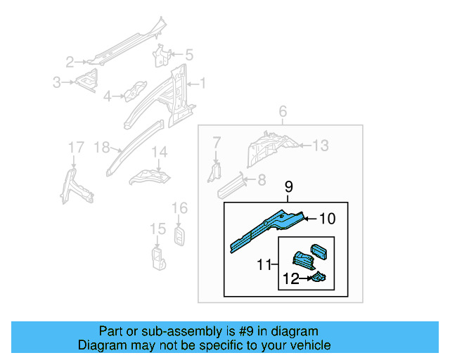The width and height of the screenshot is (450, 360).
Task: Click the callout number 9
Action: (x=288, y=186)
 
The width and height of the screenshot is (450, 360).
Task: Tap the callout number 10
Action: (x=328, y=219)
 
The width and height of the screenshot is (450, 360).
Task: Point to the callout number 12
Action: (x=290, y=279)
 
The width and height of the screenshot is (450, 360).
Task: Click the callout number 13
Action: (x=320, y=146)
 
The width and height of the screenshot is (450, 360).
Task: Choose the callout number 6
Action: (x=283, y=112)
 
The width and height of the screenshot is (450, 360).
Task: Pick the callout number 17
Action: (x=75, y=147)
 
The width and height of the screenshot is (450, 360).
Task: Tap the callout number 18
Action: (x=101, y=147)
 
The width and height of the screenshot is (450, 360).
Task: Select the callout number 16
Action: (x=180, y=207)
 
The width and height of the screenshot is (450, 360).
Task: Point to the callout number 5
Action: (x=188, y=54)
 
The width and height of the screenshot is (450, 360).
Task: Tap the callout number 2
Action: (x=70, y=61)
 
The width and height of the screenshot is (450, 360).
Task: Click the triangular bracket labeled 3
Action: (x=87, y=82)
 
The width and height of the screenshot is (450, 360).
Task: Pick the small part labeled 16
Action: (x=179, y=235)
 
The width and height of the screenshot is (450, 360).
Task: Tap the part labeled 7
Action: (x=216, y=170)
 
